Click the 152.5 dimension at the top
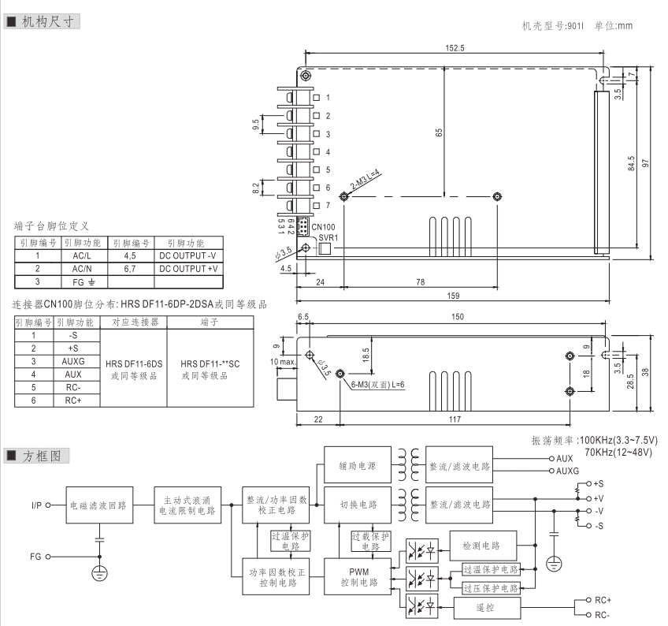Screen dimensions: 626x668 click(x=455, y=48)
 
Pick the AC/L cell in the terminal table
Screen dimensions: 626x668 click(x=83, y=255)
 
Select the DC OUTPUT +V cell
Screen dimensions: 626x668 click(x=188, y=268)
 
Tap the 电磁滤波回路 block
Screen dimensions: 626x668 click(x=98, y=505)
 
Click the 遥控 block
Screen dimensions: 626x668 click(x=486, y=609)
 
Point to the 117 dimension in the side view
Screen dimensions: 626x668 click(x=455, y=419)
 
